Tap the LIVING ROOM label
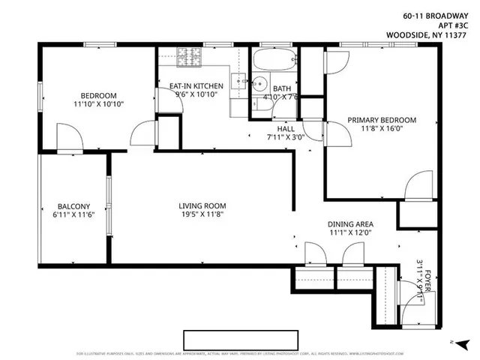202,206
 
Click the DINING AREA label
350,224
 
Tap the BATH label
281,88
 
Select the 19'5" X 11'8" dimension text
202,216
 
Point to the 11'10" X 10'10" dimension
98,104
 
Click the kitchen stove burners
190,55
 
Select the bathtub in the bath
274,60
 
